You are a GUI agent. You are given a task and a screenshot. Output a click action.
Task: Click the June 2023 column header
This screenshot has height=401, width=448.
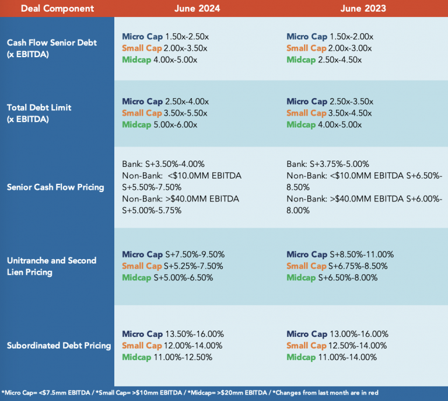[363, 8]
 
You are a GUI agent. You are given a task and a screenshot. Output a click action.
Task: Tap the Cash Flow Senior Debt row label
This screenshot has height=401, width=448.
[51, 48]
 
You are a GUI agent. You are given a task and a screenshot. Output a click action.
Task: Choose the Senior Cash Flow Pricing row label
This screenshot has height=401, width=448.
[55, 187]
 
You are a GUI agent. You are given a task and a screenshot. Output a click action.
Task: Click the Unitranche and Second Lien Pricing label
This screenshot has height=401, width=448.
[51, 266]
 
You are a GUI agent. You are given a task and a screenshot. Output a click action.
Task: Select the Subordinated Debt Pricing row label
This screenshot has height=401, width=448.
[59, 346]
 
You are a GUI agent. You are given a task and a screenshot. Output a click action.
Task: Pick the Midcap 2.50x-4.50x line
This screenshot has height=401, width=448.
[324, 60]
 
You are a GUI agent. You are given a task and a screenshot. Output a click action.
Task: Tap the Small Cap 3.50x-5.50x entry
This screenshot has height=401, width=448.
[164, 113]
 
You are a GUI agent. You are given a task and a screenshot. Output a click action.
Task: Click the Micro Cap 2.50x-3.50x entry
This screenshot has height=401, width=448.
[330, 102]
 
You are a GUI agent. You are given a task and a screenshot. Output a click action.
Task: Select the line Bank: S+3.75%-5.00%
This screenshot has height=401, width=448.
[328, 164]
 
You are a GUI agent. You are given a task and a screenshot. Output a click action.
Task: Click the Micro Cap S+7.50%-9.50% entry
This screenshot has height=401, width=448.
[173, 254]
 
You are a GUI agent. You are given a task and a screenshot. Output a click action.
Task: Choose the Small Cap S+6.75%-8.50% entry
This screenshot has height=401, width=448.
[337, 266]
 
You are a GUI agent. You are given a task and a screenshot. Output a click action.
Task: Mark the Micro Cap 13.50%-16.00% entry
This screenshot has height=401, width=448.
[173, 334]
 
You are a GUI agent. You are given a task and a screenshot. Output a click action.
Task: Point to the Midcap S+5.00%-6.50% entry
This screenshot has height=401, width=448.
[167, 278]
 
